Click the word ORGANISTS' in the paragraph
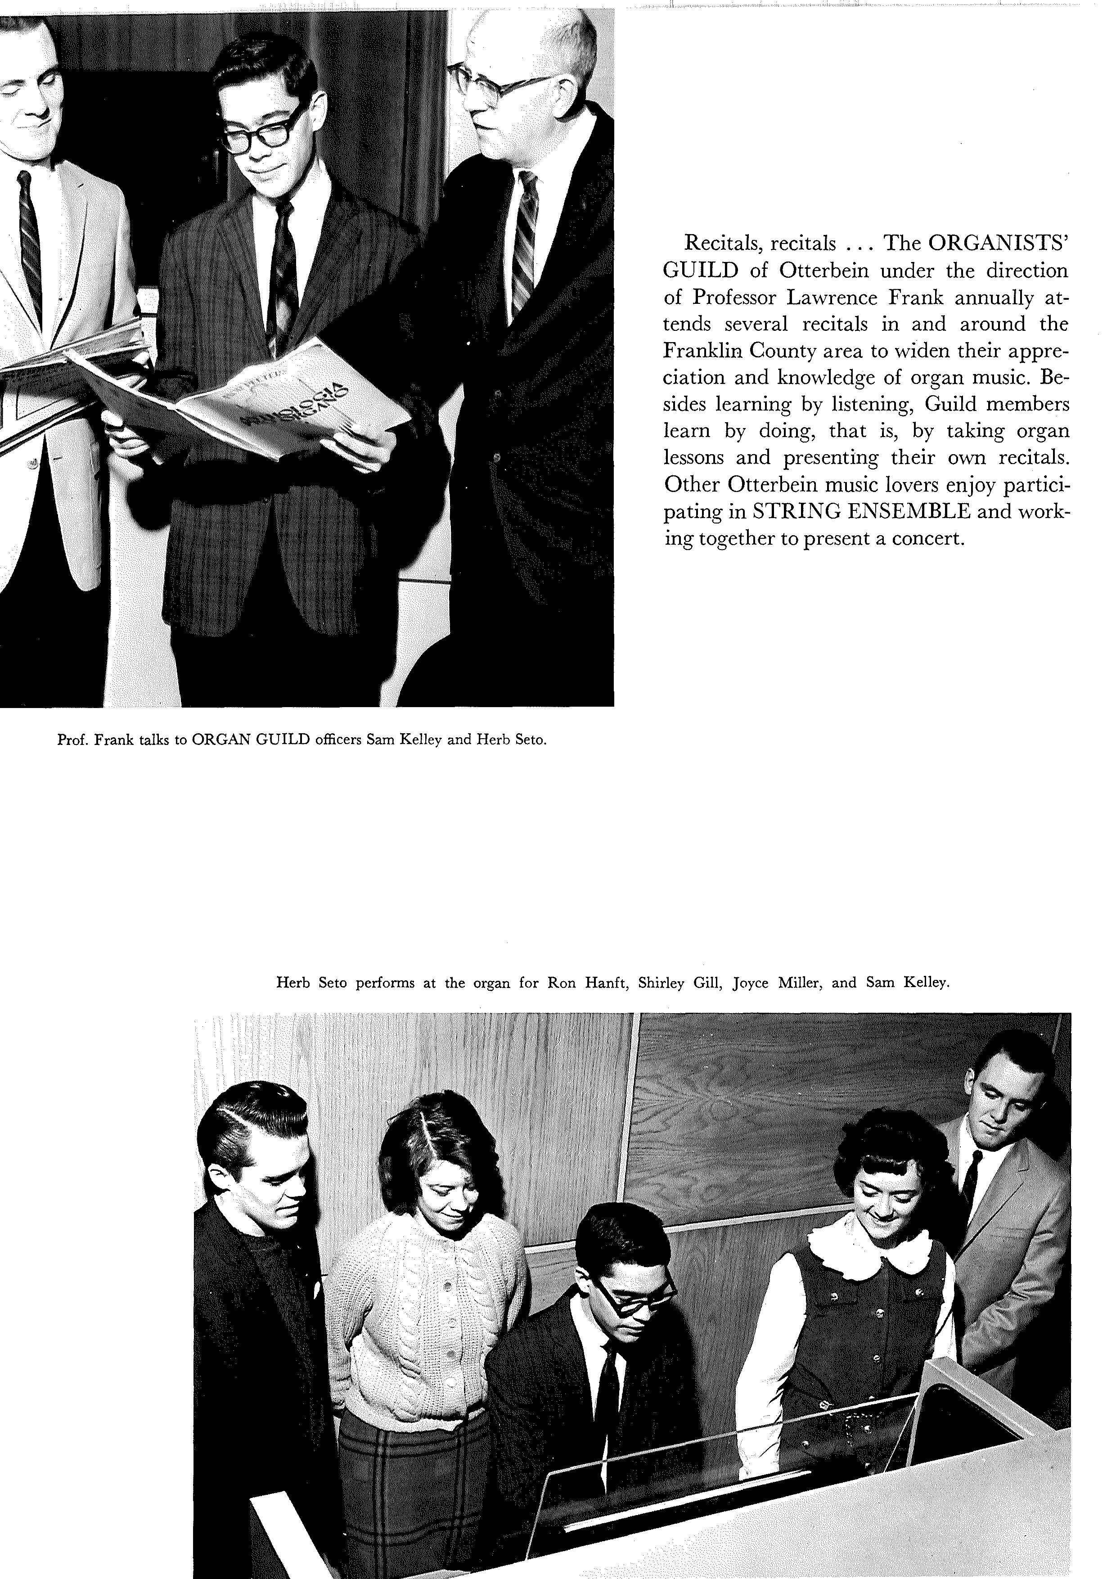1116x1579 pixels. pyautogui.click(x=998, y=244)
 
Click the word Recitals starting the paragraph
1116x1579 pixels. pyautogui.click(x=725, y=244)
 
